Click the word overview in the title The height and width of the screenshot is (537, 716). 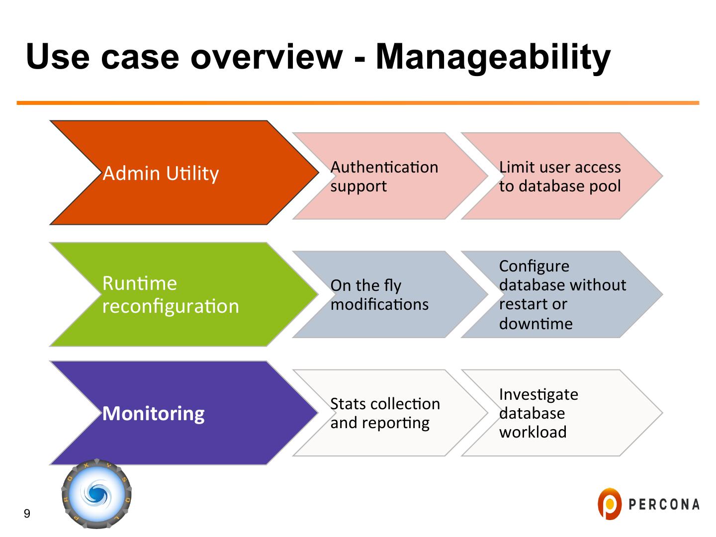tap(266, 57)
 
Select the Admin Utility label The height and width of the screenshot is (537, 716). tap(161, 174)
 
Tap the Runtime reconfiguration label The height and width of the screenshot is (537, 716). tap(171, 294)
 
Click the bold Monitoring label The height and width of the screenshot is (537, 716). tap(153, 413)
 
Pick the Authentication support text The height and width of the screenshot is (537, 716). tap(384, 177)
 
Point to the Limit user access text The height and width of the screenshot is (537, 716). tap(560, 167)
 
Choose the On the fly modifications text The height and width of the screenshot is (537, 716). tap(379, 295)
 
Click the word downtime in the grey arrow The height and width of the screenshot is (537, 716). tap(536, 324)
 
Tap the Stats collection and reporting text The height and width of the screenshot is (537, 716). tap(385, 413)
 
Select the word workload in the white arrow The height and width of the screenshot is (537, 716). tap(533, 432)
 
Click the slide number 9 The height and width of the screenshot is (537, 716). tap(27, 514)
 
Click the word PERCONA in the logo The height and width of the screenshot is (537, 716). tap(664, 505)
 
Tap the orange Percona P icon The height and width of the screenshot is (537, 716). tap(609, 504)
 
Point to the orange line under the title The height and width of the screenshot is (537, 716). tap(358, 103)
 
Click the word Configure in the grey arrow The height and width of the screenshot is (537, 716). tap(534, 266)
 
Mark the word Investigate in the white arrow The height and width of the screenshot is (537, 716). tap(538, 394)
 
